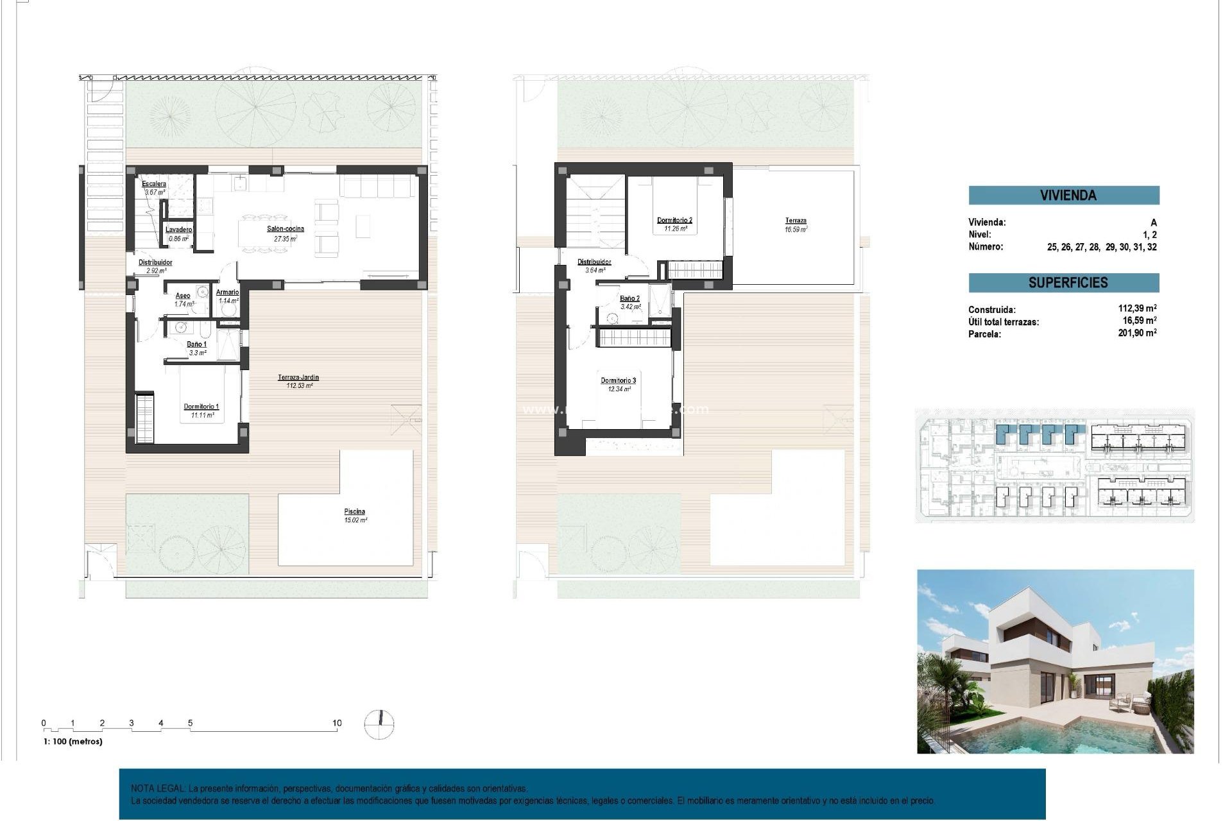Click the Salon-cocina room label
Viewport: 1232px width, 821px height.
click(x=286, y=229)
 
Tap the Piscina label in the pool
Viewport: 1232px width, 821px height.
click(x=354, y=512)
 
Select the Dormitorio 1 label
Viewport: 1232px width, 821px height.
click(x=201, y=407)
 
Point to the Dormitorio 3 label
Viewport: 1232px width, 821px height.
click(x=618, y=381)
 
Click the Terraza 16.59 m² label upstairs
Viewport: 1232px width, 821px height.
click(x=796, y=221)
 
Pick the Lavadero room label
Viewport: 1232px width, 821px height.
click(x=178, y=230)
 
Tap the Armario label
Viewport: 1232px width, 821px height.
click(x=228, y=292)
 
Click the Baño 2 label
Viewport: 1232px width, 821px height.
click(x=629, y=298)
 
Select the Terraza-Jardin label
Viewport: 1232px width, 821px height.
click(x=298, y=378)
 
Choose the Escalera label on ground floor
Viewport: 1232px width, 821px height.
click(x=154, y=184)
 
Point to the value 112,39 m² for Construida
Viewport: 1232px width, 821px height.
click(x=1137, y=309)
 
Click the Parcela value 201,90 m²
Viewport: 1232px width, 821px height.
click(x=1137, y=333)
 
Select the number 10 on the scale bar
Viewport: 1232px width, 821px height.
click(x=337, y=723)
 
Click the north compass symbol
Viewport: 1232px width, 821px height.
click(x=379, y=724)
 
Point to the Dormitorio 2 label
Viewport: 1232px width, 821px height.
click(x=674, y=221)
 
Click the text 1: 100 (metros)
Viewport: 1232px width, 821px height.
click(x=73, y=741)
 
